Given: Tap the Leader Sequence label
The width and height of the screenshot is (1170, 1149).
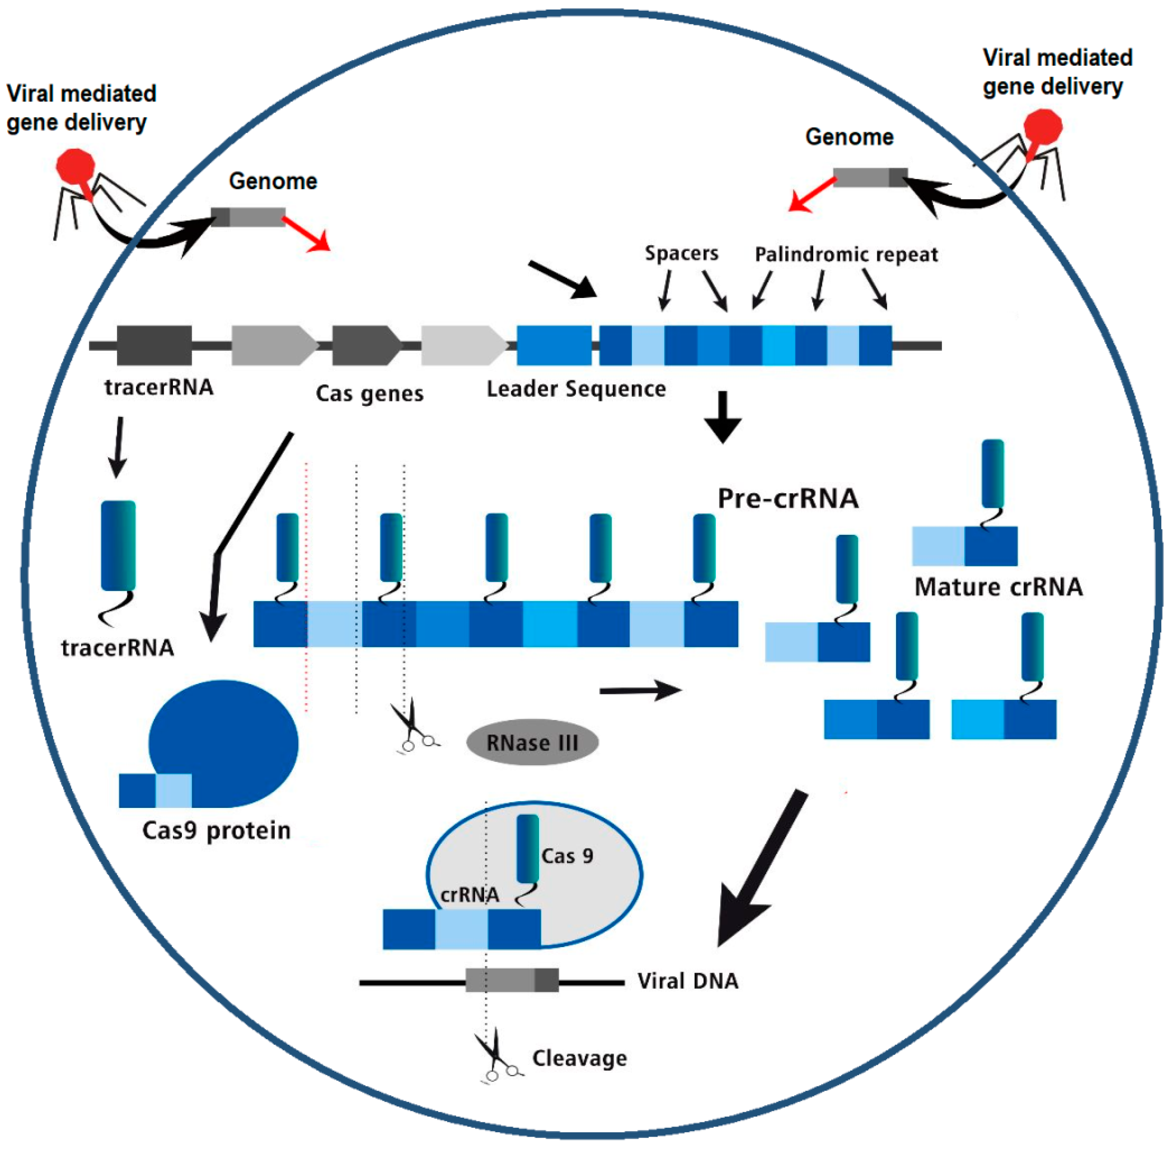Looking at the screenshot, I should [x=576, y=389].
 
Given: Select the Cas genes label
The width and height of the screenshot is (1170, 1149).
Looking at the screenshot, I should [x=369, y=394].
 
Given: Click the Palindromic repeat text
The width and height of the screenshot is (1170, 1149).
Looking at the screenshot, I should [x=846, y=255].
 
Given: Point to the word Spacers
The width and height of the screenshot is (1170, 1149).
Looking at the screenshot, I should [x=681, y=253].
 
